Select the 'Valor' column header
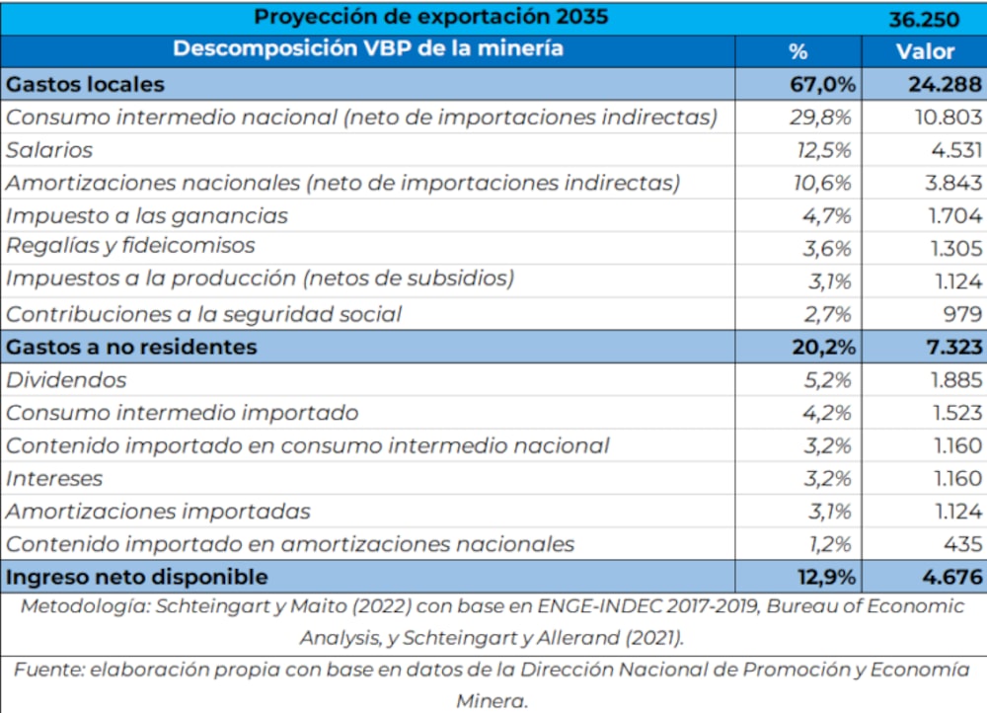click(924, 51)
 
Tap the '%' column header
click(798, 51)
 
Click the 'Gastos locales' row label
click(86, 84)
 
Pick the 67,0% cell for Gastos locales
click(818, 84)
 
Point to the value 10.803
click(944, 117)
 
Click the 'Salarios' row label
click(49, 150)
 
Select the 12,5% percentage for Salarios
click(822, 150)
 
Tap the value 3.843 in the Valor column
click(949, 183)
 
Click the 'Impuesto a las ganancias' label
click(147, 215)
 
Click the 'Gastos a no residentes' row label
click(131, 347)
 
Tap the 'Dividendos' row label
click(67, 379)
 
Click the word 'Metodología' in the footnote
click(84, 607)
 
